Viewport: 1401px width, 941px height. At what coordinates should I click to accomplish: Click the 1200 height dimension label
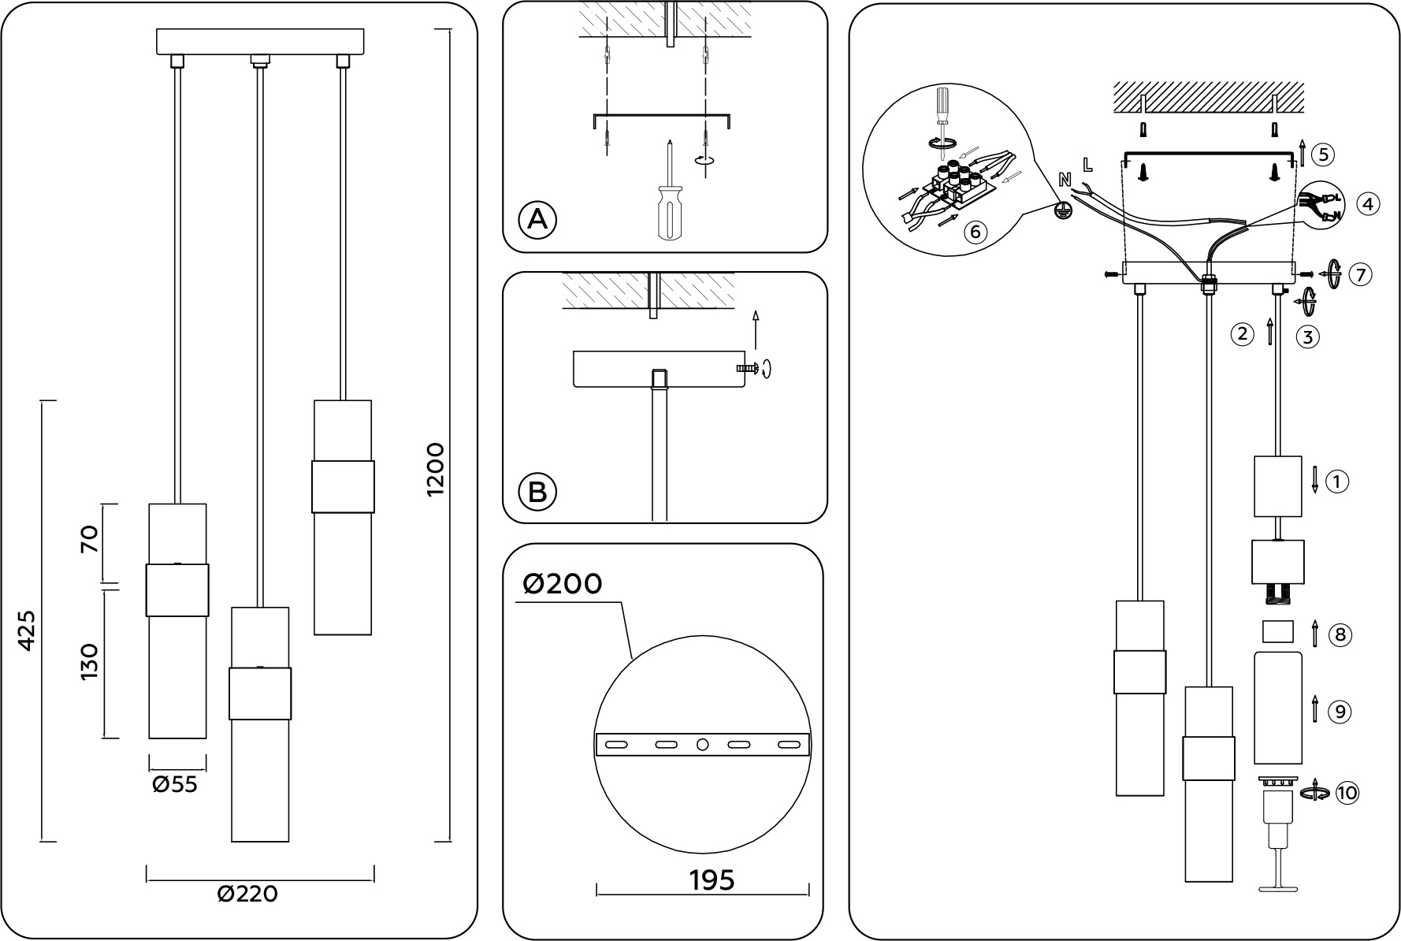point(436,469)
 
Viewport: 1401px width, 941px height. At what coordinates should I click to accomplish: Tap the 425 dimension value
point(27,630)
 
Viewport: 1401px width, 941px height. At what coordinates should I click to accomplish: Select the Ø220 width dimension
point(247,894)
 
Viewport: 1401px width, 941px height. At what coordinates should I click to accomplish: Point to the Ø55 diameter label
point(175,785)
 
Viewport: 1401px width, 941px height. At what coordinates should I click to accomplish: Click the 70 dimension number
point(89,540)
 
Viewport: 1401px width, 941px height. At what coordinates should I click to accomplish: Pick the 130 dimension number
point(89,662)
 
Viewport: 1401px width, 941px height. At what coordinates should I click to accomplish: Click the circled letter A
point(537,220)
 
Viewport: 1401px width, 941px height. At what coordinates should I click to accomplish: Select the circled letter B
point(537,492)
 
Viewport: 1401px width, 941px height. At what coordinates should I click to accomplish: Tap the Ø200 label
point(562,584)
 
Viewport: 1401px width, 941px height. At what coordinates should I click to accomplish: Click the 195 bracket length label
point(712,880)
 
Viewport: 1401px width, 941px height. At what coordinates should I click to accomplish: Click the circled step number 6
point(975,232)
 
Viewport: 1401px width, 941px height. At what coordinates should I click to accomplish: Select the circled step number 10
point(1347,792)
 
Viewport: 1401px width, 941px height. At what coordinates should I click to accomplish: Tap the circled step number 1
point(1337,481)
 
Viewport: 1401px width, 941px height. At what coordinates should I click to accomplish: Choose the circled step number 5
point(1324,154)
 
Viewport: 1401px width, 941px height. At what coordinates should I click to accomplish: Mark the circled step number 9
point(1340,712)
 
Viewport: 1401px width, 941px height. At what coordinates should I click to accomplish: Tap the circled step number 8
point(1340,634)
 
